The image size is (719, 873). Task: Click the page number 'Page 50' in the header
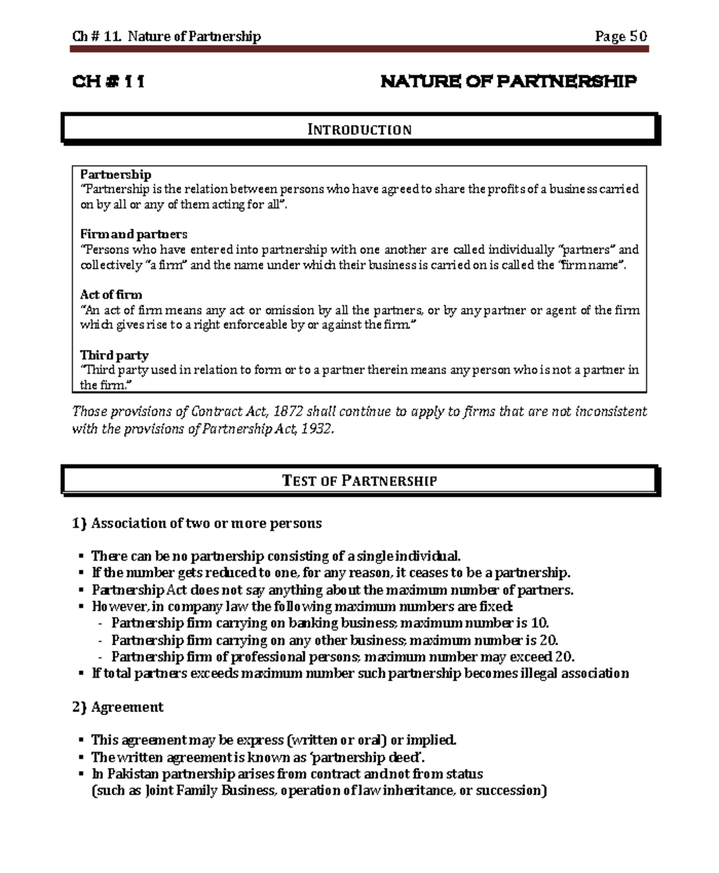(621, 37)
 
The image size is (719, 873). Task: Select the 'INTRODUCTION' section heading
(359, 129)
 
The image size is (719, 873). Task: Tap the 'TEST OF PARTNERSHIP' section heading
(359, 481)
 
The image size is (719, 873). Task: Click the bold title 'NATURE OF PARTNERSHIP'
(508, 81)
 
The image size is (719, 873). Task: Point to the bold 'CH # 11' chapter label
(108, 81)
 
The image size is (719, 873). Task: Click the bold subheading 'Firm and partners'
(134, 234)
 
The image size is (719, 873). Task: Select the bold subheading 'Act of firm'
(111, 295)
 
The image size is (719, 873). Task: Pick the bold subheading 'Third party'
(114, 355)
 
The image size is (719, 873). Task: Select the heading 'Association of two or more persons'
(206, 523)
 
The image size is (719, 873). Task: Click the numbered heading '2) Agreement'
(117, 707)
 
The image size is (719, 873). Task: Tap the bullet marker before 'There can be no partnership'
(80, 557)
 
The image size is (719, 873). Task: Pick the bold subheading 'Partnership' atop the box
(116, 174)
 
